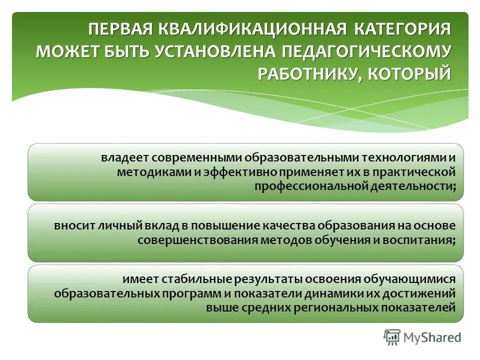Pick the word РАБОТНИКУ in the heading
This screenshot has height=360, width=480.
[x=310, y=74]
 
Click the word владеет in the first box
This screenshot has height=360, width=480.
[x=122, y=157]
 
